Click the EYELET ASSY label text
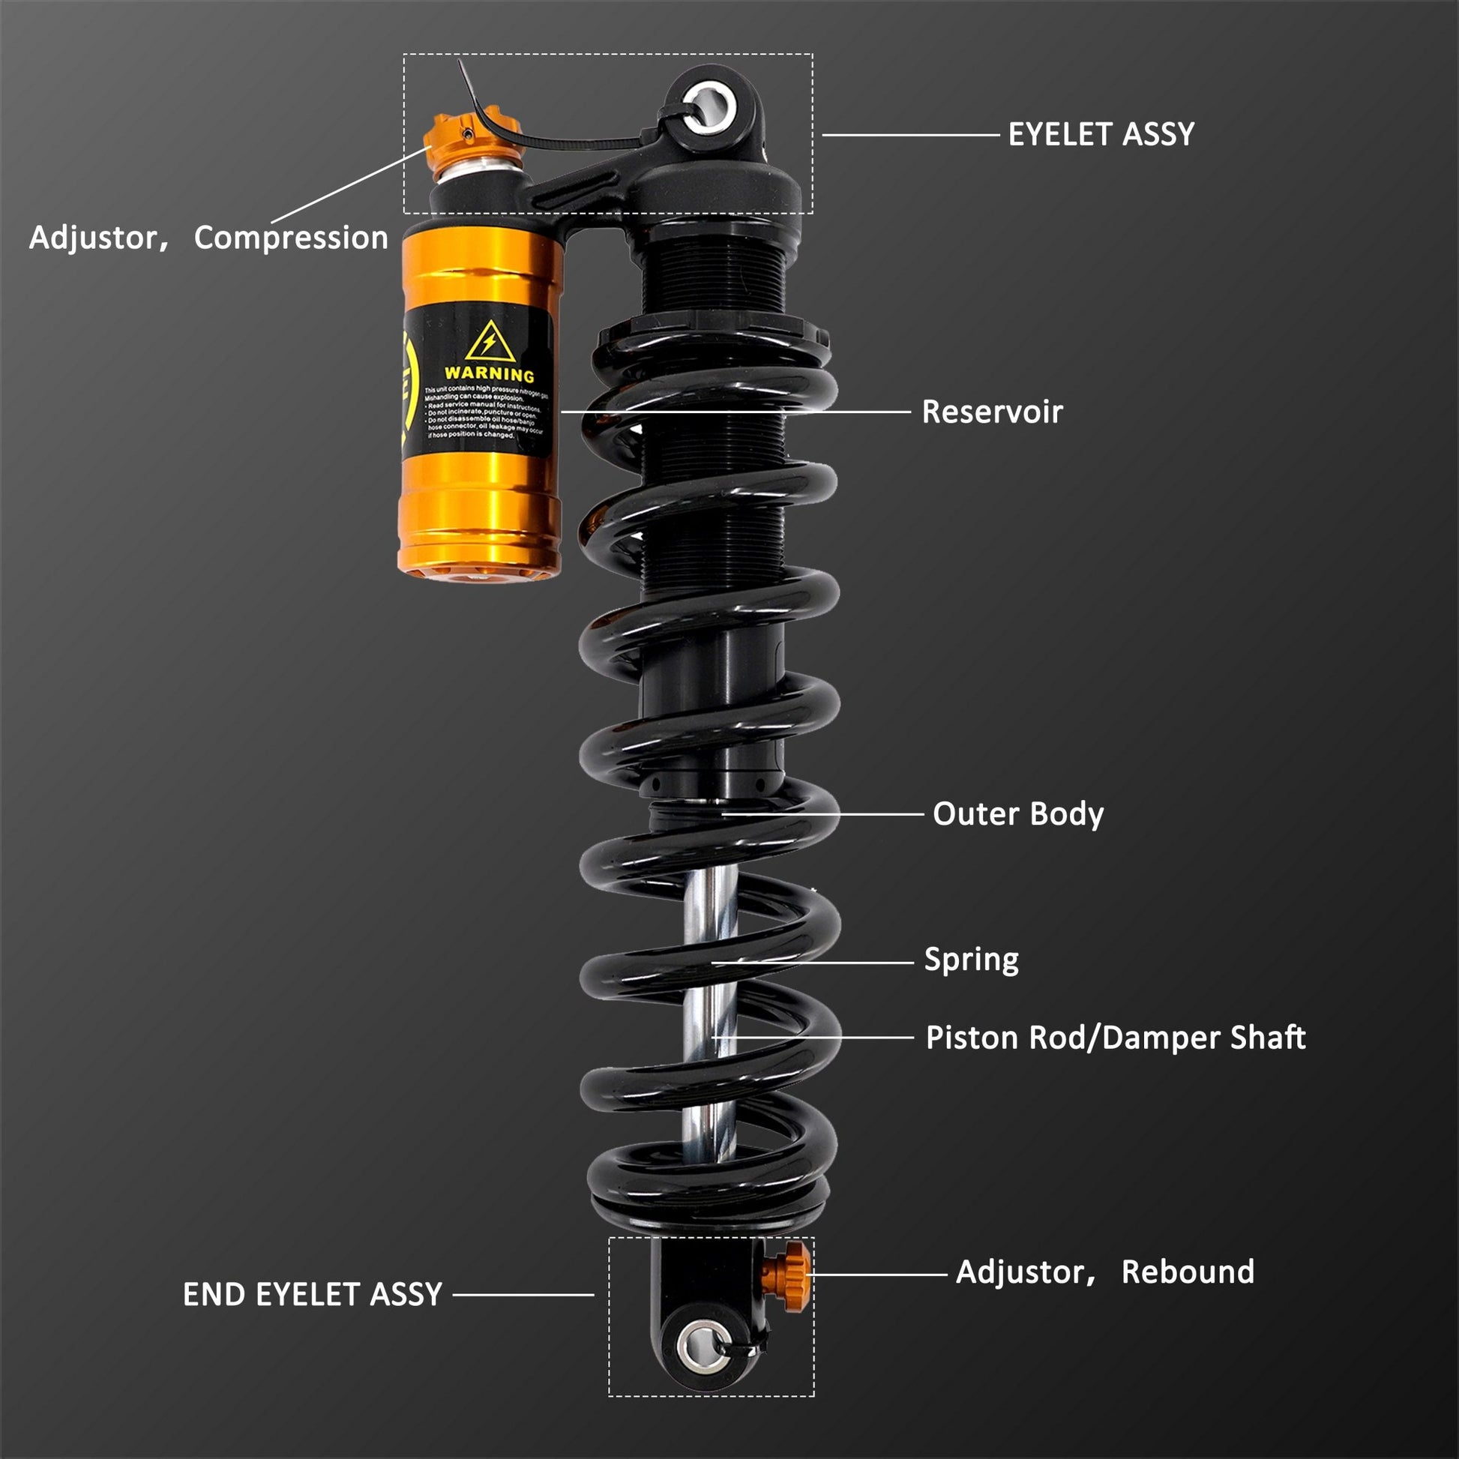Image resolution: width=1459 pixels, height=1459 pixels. [x=1101, y=135]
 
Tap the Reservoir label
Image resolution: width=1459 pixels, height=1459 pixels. [x=992, y=412]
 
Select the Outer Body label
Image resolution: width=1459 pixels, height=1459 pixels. [x=1017, y=814]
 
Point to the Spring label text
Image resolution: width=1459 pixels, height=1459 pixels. [x=971, y=959]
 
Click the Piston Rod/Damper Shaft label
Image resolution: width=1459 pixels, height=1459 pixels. [x=1116, y=1038]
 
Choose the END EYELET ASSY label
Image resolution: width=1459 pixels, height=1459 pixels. [x=312, y=1294]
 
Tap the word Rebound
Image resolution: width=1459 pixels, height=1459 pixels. [x=1187, y=1272]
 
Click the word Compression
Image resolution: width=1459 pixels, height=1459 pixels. [x=291, y=238]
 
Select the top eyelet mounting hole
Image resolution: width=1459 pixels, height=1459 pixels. [x=709, y=105]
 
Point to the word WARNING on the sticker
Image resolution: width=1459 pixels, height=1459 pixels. [x=489, y=374]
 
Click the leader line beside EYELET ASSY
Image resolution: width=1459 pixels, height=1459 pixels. [x=910, y=135]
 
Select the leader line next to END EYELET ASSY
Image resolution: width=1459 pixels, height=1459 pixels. [x=523, y=1294]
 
